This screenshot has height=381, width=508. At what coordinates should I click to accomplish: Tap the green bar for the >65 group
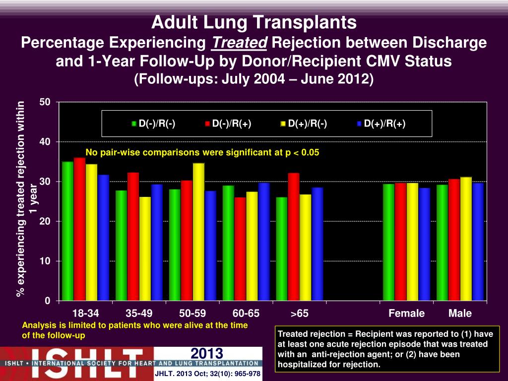click(281, 249)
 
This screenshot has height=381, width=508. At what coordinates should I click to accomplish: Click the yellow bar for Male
click(466, 239)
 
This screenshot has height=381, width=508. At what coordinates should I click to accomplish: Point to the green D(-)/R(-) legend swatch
click(134, 124)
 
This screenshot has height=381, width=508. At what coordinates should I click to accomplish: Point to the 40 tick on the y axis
click(45, 142)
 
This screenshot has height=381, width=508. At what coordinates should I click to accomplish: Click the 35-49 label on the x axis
click(139, 314)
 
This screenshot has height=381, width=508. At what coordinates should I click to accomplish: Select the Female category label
click(407, 314)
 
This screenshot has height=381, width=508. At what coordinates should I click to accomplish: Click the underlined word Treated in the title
click(239, 43)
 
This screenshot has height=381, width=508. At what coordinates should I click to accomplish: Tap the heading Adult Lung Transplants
click(254, 22)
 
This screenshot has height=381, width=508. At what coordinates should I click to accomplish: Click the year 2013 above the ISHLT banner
click(207, 353)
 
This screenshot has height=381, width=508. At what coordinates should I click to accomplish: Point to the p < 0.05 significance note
click(202, 152)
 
